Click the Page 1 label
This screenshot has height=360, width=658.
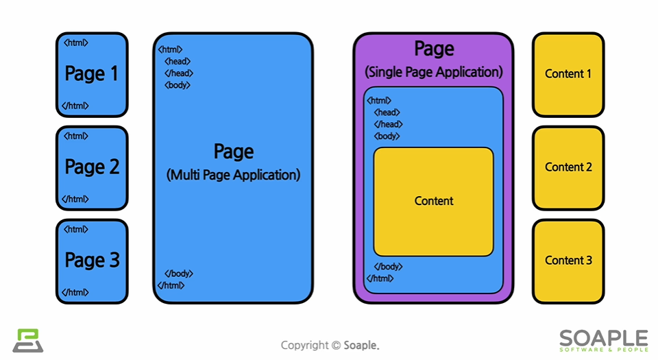[x=92, y=73]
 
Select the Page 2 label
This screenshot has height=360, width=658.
[x=92, y=167]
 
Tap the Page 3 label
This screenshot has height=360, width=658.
[x=92, y=260]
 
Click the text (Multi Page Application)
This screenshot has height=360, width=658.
[x=233, y=175]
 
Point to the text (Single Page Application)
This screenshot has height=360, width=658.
[x=434, y=72]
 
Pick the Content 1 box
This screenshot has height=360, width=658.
[x=568, y=74]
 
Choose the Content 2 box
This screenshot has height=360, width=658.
[x=568, y=167]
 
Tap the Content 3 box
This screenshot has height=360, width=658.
[x=568, y=261]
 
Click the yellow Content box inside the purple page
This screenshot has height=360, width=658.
[x=433, y=202]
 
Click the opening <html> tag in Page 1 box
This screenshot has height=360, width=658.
[x=75, y=43]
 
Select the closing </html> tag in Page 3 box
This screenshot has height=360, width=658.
[x=75, y=292]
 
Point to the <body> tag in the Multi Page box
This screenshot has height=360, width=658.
[x=178, y=85]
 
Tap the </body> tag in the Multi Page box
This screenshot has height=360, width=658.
[x=178, y=274]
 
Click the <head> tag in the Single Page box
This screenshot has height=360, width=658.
[x=387, y=112]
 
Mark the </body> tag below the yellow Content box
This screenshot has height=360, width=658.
[x=388, y=267]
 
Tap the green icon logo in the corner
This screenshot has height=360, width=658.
[x=27, y=341]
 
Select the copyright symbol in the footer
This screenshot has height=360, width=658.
[x=336, y=346]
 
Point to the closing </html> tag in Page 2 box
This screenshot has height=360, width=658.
[x=75, y=199]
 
